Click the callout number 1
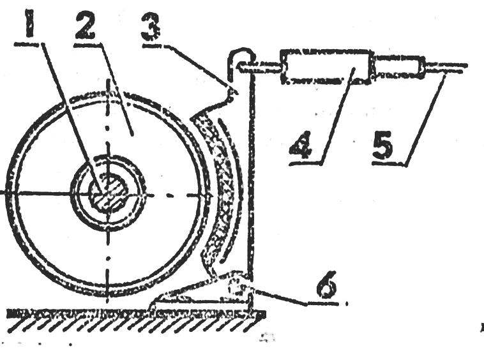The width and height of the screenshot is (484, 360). click(x=31, y=24)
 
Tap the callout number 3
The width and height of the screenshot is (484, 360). click(x=151, y=27)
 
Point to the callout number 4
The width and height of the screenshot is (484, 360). click(x=301, y=145)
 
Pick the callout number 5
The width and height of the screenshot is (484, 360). click(x=383, y=145)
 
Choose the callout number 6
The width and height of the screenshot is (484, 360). click(x=327, y=285)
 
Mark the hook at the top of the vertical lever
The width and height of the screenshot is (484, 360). click(x=242, y=59)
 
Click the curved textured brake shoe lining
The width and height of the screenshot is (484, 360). click(x=218, y=185)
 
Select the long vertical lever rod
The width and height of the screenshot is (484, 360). click(x=251, y=185)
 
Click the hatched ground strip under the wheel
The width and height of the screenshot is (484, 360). click(x=136, y=321)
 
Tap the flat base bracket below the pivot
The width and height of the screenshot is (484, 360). click(x=200, y=301)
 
